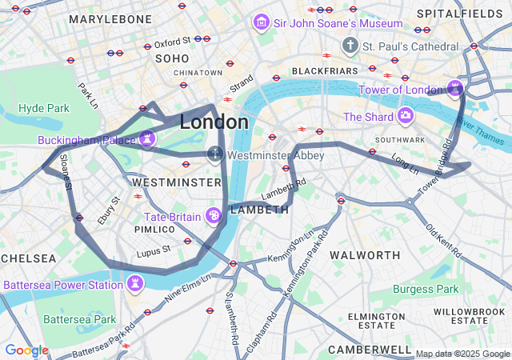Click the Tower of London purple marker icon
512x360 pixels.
456,86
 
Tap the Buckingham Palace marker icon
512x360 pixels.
147,139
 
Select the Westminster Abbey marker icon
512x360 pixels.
214,154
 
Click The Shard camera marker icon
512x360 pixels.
406,117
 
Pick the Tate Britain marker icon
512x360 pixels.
214,216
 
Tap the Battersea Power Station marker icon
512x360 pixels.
136,283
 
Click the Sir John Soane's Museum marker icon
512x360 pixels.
262,23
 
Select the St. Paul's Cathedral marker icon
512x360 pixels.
350,46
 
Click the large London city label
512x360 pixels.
214,122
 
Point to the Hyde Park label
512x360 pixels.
44,107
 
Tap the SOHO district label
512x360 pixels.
172,58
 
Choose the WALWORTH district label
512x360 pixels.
365,255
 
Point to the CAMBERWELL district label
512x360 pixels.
369,350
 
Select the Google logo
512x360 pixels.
26,350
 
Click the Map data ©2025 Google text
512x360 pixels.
462,354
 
